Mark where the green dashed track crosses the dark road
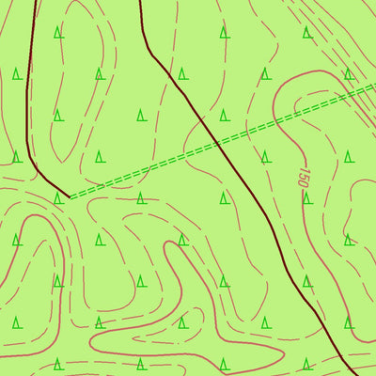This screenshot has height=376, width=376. [217, 143]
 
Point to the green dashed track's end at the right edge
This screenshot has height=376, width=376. [374, 87]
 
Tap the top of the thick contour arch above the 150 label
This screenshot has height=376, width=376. [320, 71]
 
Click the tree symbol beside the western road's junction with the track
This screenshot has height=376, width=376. [58, 198]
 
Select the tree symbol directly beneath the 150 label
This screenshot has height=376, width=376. [306, 198]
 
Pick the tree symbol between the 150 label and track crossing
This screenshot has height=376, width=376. [265, 156]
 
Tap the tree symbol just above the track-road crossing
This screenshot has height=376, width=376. [224, 116]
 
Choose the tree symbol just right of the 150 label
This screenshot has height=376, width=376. [348, 156]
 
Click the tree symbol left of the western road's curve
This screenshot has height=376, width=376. [17, 157]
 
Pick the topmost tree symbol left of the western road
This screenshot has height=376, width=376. [17, 74]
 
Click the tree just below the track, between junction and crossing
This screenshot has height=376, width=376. [140, 198]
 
